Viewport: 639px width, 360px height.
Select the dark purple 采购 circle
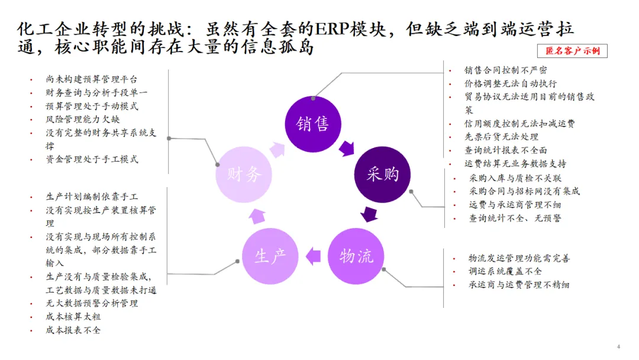click(382, 174)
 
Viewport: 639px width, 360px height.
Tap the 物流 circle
click(356, 256)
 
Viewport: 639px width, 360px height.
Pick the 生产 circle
click(270, 256)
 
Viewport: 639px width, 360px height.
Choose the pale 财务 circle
click(244, 174)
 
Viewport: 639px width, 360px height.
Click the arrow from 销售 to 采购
click(346, 147)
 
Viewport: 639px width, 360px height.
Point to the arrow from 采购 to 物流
click(370, 214)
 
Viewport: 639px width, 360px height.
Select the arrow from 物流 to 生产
click(313, 256)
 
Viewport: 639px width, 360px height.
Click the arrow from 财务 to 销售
click(277, 148)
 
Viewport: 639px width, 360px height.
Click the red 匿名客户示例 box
click(572, 51)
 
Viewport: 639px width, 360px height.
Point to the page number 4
click(618, 346)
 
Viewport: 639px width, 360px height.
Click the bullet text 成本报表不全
click(73, 330)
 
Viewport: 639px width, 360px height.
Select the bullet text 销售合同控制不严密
click(505, 70)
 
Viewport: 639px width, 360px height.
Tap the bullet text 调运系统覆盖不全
click(505, 271)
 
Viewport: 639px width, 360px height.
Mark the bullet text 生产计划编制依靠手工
click(92, 197)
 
